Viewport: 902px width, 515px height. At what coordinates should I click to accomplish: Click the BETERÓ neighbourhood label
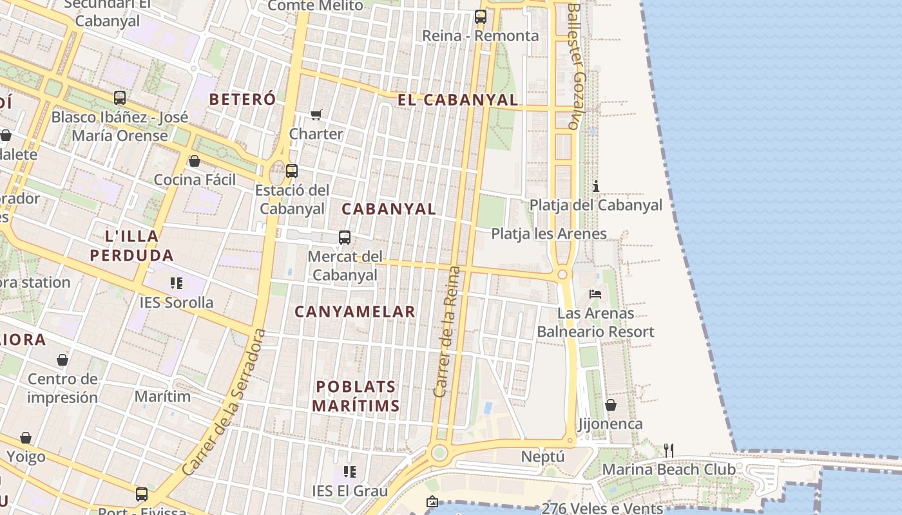coord(243,99)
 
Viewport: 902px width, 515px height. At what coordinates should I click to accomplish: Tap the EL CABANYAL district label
coord(457,100)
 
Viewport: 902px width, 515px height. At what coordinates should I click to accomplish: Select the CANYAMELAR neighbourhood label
coord(355,312)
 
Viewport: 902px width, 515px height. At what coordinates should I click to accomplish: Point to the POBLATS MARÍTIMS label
coord(356,396)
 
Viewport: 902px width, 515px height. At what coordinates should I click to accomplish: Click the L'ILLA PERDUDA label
coord(131,245)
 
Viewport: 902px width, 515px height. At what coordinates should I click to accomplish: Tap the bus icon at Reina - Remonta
coord(480,17)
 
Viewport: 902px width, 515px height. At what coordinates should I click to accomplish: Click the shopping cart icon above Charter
coord(316,115)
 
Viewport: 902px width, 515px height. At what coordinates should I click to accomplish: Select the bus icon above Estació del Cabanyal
coord(292,171)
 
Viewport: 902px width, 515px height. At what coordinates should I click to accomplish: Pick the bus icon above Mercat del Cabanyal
coord(345,238)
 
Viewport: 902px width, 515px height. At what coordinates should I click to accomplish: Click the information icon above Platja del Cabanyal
coord(596,187)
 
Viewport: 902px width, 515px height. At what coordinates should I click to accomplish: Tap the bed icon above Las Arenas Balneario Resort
coord(595,294)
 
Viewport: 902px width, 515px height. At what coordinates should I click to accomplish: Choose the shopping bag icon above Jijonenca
coord(610,405)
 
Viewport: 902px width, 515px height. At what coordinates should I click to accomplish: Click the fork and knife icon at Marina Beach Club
coord(669,451)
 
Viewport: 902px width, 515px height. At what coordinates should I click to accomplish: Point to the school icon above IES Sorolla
coord(177,283)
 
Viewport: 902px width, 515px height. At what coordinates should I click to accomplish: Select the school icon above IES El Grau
coord(350,473)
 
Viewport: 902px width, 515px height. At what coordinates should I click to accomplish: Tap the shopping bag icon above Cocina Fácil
coord(195,161)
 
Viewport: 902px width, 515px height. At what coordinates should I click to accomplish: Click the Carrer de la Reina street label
coord(448,332)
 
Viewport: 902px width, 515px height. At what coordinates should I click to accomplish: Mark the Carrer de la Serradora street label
coord(224,402)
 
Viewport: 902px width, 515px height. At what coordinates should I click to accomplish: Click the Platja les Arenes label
coord(549,234)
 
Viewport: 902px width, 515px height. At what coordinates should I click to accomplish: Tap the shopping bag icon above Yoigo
coord(26,438)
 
